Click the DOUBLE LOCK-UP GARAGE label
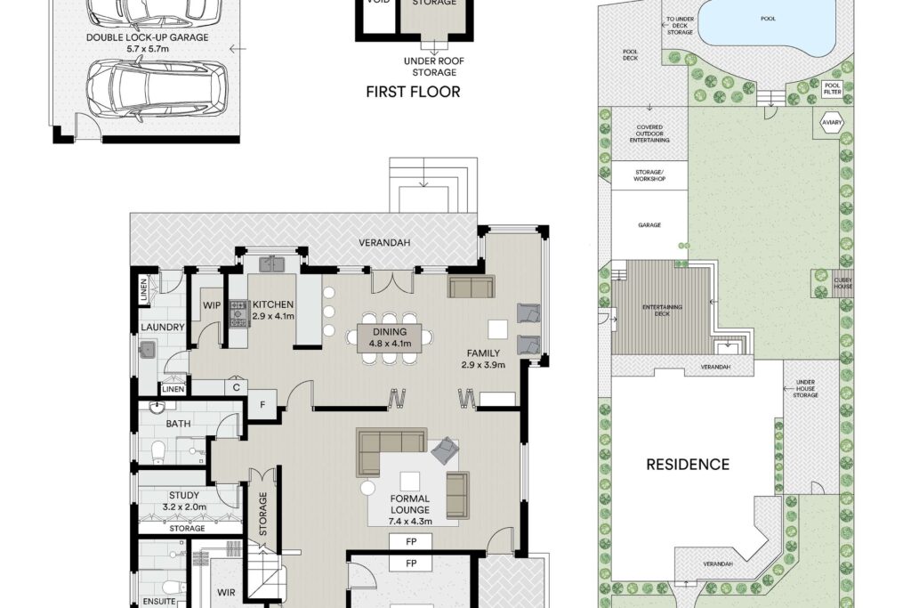click(x=147, y=37)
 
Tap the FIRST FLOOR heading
click(x=413, y=92)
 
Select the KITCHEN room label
click(x=273, y=304)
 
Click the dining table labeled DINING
click(x=390, y=337)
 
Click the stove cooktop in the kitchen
click(x=238, y=313)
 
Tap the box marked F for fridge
click(x=262, y=404)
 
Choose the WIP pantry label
click(x=212, y=305)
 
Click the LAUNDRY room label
click(x=163, y=328)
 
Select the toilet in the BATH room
click(x=158, y=452)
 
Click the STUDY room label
click(x=184, y=495)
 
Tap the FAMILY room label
click(x=483, y=353)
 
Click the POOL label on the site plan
click(x=768, y=19)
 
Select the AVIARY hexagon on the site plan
click(x=832, y=123)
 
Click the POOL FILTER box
click(x=833, y=88)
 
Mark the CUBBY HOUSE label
click(x=843, y=283)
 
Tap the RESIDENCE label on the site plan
click(x=688, y=465)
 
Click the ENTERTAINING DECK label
click(x=662, y=311)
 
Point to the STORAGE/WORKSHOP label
click(x=649, y=175)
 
